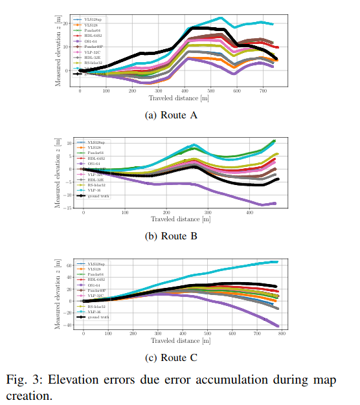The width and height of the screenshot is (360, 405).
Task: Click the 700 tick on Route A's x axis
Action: coord(264,91)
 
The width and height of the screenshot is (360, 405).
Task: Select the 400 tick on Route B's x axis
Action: coord(251,212)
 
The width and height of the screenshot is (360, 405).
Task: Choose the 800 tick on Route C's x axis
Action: coord(281,333)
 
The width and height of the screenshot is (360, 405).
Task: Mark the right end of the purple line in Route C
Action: coord(278,326)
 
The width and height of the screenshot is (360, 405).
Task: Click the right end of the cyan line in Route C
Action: coord(278,261)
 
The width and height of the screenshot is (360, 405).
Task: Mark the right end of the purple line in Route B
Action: coord(276,203)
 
